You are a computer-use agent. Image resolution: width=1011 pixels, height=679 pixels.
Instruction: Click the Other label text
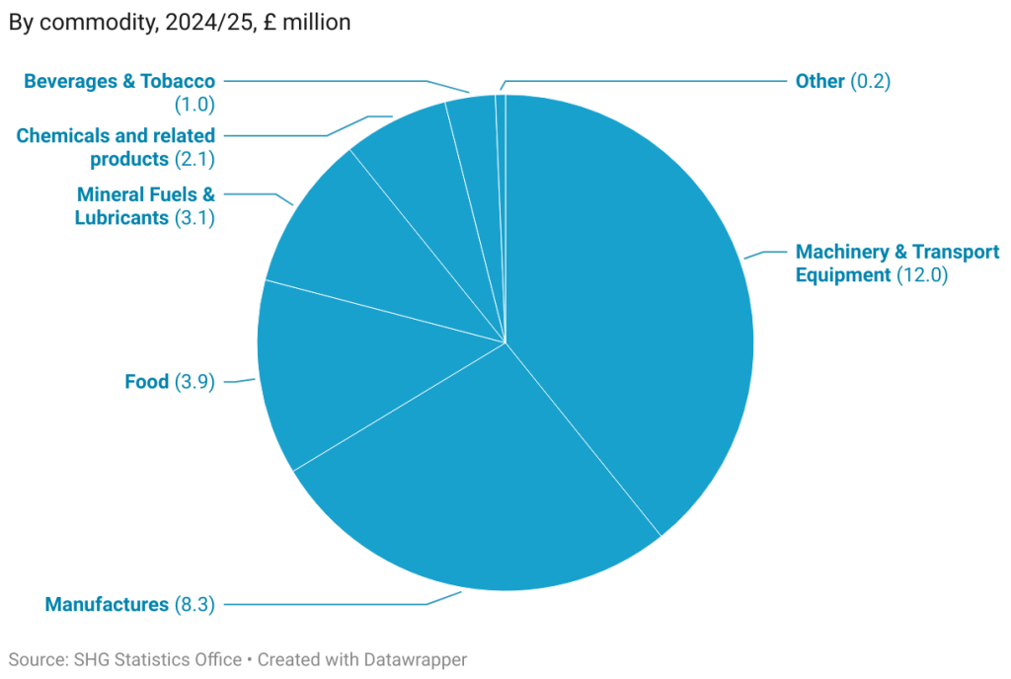(x=819, y=82)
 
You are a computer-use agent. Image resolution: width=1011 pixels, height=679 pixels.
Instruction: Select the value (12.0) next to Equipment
(x=922, y=275)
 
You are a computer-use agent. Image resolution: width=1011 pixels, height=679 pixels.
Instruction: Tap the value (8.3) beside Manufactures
(x=194, y=604)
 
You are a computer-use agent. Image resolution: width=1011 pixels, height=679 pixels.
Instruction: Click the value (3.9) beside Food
(x=194, y=382)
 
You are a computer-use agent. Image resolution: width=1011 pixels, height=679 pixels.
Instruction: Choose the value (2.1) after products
(x=194, y=159)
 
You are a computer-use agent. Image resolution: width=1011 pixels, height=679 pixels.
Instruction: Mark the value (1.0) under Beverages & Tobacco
(x=194, y=104)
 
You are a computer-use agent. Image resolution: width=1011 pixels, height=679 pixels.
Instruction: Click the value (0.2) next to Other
(x=870, y=82)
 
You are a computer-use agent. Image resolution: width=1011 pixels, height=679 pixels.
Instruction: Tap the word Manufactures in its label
(x=107, y=604)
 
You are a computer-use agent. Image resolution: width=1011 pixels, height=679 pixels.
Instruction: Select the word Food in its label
(x=146, y=382)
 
